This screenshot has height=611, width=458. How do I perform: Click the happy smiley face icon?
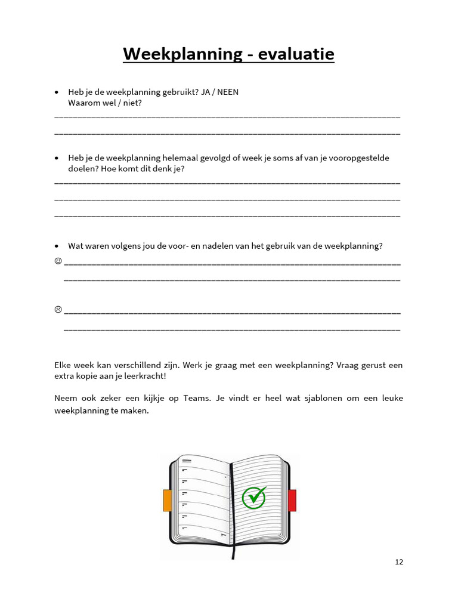tap(58, 261)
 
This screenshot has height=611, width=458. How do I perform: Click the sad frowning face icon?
tap(58, 309)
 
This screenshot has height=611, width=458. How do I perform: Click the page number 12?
tap(399, 561)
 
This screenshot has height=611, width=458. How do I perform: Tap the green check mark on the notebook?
tap(255, 496)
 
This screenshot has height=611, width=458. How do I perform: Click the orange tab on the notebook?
tap(167, 500)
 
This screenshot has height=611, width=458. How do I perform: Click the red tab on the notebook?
tap(292, 500)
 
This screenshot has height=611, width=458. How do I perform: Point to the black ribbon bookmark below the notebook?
tap(233, 552)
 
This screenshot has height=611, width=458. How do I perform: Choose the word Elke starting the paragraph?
tap(63, 365)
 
